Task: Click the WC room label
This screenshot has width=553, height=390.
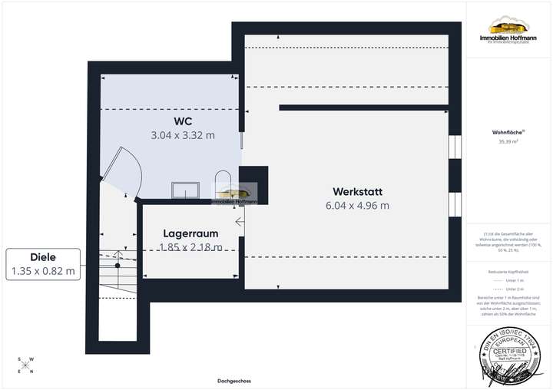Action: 182,121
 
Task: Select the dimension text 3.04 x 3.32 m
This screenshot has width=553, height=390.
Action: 182,135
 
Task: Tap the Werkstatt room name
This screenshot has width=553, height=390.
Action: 357,191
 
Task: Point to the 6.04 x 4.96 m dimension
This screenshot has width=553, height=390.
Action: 357,205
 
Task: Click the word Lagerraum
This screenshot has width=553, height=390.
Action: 190,233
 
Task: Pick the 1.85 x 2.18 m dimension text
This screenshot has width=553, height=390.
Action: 190,247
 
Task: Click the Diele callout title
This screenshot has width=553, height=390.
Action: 43,257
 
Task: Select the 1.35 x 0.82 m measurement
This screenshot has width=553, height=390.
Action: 43,271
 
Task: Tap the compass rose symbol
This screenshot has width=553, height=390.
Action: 25,365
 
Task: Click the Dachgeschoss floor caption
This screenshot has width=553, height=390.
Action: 233,381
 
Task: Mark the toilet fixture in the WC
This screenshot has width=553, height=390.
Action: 223,183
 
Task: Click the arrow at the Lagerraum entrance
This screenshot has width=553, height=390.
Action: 240,223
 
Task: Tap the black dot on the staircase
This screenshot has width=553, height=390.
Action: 118,266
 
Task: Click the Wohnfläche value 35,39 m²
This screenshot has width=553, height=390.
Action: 508,141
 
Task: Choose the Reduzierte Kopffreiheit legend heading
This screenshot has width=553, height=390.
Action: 508,272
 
